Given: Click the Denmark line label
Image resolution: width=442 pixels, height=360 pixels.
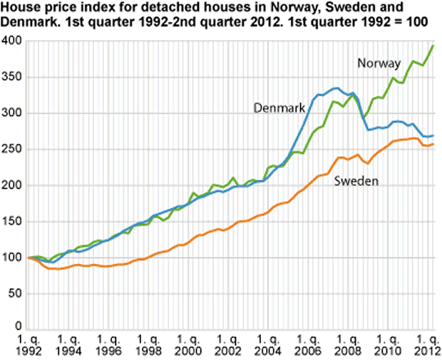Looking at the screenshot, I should coord(279,108).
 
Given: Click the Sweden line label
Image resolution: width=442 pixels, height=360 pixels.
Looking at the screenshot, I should coord(356,181).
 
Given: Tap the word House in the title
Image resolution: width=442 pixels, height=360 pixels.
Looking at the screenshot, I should coord(19,8).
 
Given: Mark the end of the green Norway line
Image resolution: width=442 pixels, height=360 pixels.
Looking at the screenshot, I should coord(433,46).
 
